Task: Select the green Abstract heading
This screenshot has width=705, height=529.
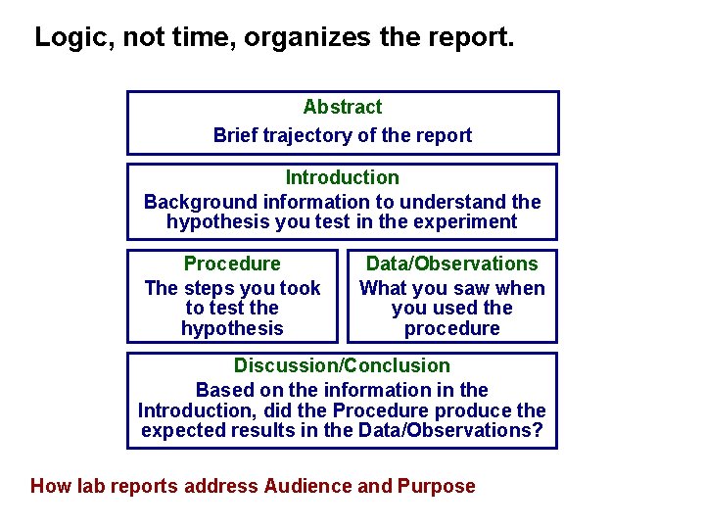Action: (x=343, y=107)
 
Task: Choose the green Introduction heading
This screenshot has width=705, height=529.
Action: (x=343, y=177)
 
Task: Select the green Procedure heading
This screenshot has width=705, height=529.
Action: (x=232, y=264)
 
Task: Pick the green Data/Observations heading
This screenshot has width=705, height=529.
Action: (x=451, y=264)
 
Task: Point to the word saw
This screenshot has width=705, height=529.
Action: (x=478, y=288)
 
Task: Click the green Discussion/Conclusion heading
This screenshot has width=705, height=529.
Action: (x=342, y=365)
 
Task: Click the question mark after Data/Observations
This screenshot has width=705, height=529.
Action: (x=538, y=431)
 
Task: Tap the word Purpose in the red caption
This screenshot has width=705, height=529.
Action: (x=437, y=486)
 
